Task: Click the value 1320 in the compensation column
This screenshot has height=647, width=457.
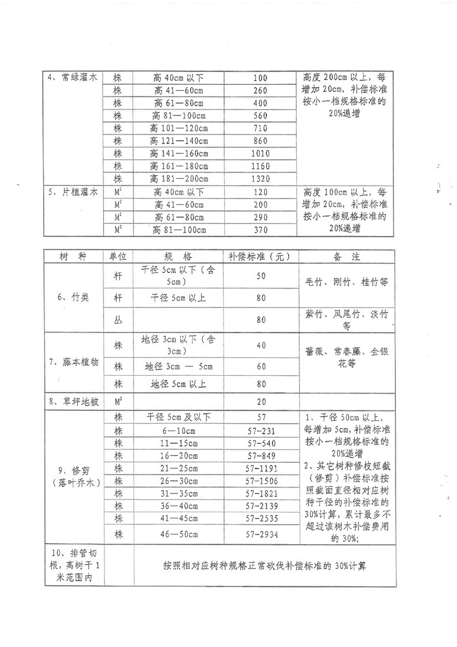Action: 260,178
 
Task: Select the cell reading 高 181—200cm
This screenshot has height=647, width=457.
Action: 179,178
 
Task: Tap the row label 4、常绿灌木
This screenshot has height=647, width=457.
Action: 73,78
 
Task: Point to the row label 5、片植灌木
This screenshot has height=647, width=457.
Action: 73,192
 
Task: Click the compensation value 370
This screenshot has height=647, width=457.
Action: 260,230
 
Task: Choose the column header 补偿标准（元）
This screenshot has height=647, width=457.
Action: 260,256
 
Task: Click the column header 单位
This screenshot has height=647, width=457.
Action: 118,256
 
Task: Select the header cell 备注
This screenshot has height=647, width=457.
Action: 346,256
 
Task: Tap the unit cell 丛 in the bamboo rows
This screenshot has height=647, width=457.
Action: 118,319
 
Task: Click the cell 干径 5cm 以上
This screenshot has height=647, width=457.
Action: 179,298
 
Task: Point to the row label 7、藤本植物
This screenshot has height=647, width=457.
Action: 73,362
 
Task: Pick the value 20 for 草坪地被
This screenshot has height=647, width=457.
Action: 260,402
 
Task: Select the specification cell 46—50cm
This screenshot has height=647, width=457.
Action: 179,534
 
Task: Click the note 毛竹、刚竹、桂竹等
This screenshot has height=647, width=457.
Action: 346,283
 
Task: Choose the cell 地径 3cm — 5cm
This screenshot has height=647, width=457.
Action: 179,366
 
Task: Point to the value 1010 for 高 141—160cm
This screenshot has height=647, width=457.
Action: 260,153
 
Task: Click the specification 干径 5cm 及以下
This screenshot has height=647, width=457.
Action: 179,417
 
